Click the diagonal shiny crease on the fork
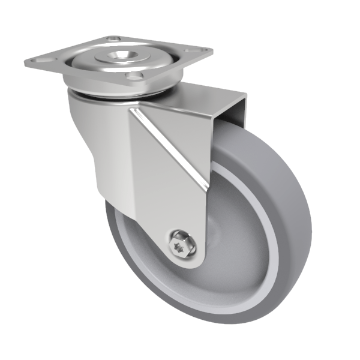click(x=173, y=144)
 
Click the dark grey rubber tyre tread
click(x=294, y=240)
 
